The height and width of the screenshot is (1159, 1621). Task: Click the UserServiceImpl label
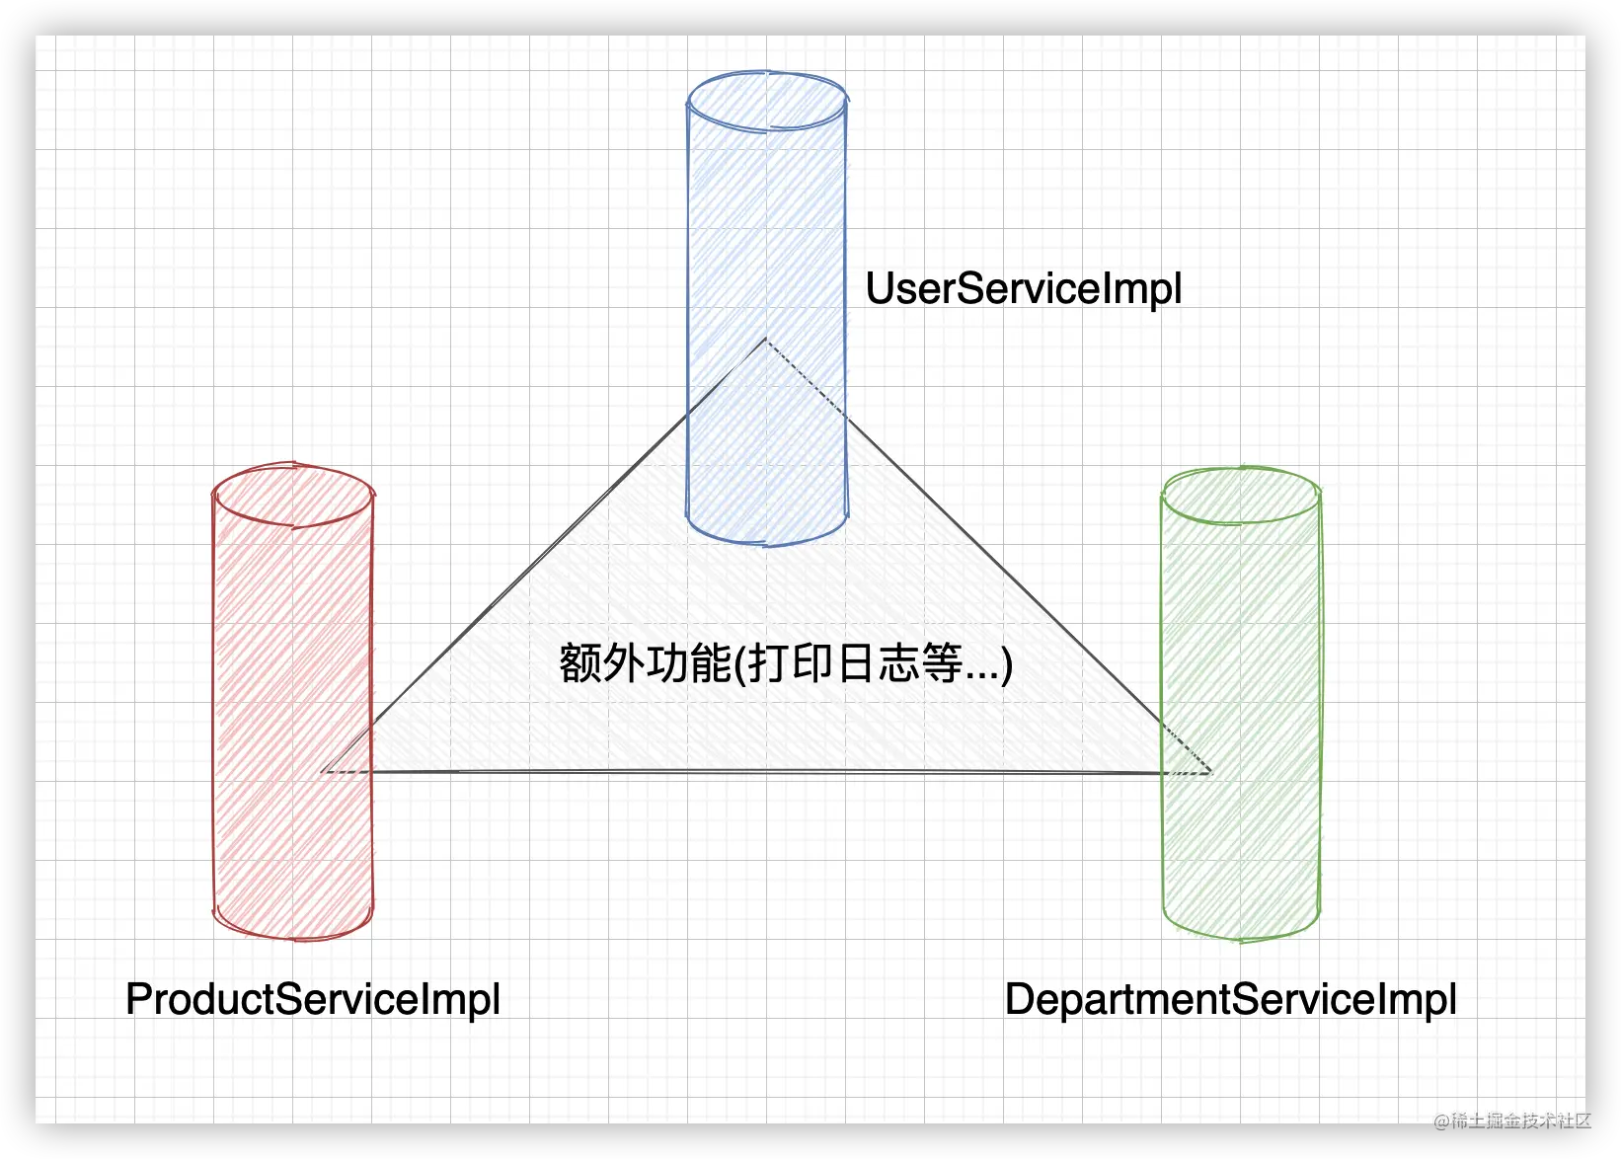click(x=1023, y=289)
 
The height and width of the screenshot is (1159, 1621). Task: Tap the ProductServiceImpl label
click(x=313, y=999)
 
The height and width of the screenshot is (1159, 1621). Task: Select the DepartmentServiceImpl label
click(x=1230, y=999)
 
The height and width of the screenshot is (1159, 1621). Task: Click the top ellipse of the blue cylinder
click(x=767, y=101)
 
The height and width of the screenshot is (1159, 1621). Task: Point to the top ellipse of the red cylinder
click(x=293, y=495)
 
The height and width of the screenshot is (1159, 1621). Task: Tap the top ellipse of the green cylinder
click(x=1241, y=495)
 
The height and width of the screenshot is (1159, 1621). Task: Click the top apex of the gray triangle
click(x=765, y=341)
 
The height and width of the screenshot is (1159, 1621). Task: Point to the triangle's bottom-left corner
click(x=326, y=771)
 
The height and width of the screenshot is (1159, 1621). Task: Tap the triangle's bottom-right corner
click(x=1209, y=772)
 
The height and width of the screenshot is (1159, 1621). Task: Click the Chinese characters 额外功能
click(x=645, y=663)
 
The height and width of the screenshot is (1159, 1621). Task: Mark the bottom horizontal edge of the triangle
click(x=766, y=772)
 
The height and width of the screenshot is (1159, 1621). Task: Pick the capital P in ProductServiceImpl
click(x=138, y=999)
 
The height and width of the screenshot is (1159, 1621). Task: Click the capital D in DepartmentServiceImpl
click(x=1020, y=999)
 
